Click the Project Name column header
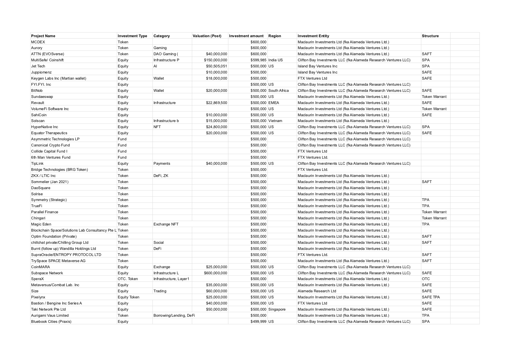(x=43, y=36)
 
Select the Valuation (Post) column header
(x=207, y=36)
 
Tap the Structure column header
(x=430, y=36)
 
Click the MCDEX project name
(x=38, y=42)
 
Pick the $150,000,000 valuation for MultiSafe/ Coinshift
(x=215, y=60)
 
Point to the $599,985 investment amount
(x=258, y=60)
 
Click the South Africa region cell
(x=278, y=91)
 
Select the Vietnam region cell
(x=275, y=121)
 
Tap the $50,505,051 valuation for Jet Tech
(x=216, y=66)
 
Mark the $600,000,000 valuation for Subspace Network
(x=215, y=273)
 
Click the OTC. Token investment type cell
(x=128, y=279)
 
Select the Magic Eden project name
(x=41, y=224)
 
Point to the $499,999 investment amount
(x=258, y=322)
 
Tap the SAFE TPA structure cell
(x=431, y=297)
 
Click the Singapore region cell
(x=277, y=309)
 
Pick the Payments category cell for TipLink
(x=162, y=164)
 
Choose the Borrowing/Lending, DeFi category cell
(x=174, y=316)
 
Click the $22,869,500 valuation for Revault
(x=216, y=103)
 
